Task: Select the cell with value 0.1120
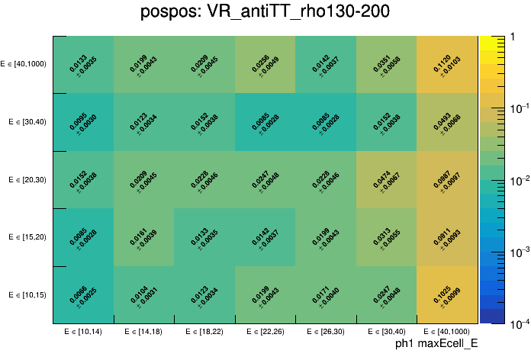tap(447, 65)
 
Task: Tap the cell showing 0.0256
tap(265, 65)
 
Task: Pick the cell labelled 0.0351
tap(386, 65)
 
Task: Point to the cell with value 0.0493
tap(447, 122)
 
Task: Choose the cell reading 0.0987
tap(447, 180)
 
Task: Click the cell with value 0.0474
tap(386, 180)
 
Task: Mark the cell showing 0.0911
tap(447, 237)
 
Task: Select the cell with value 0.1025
tap(447, 294)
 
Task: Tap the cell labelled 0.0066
tap(83, 294)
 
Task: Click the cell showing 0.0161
tap(143, 237)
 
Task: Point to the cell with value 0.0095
tap(83, 122)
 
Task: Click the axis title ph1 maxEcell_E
tap(436, 344)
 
